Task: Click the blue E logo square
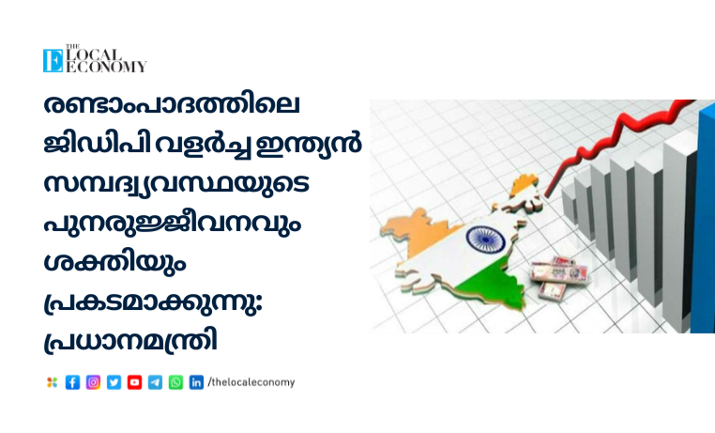[53, 61]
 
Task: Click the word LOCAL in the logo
[95, 55]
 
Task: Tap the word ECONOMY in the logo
[106, 67]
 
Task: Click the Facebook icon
[72, 382]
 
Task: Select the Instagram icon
[93, 382]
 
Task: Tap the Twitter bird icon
[114, 382]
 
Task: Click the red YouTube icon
[134, 382]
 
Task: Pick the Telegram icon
[155, 382]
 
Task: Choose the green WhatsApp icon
[175, 382]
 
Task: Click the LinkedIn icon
[196, 382]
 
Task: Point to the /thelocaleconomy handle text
[251, 382]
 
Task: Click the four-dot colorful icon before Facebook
[52, 382]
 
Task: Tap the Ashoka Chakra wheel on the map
[485, 240]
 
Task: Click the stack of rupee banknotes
[558, 277]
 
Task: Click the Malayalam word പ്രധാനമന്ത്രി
[130, 341]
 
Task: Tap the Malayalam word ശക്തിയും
[114, 262]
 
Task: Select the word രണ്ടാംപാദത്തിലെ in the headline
[172, 104]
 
